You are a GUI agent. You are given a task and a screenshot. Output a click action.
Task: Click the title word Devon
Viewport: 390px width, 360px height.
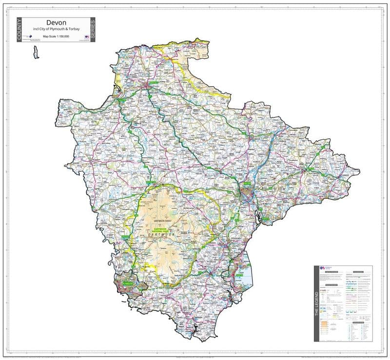(56, 22)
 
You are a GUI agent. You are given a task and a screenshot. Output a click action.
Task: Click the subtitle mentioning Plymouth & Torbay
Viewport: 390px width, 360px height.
(56, 30)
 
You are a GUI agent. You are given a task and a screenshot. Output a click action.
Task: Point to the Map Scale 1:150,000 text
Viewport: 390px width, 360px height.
(56, 36)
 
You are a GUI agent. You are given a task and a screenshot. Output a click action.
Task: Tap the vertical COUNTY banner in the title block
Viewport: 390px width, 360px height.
(19, 30)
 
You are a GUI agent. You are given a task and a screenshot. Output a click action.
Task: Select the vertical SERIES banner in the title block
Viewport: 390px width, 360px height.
(92, 30)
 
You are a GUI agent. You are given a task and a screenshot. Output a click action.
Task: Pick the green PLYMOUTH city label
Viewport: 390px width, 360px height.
(127, 282)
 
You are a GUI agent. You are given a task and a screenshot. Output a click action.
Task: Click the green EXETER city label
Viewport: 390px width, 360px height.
(247, 183)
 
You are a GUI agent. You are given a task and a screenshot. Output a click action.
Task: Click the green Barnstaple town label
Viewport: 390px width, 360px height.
(154, 83)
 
